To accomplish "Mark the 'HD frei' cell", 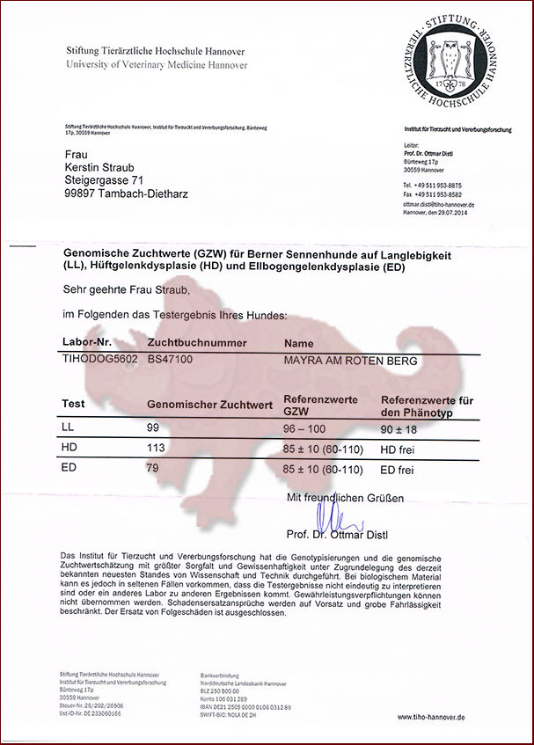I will pyautogui.click(x=397, y=449).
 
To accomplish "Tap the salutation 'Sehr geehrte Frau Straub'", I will pyautogui.click(x=127, y=289).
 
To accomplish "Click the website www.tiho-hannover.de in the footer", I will pyautogui.click(x=432, y=717).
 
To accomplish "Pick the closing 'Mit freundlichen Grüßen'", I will pyautogui.click(x=346, y=498).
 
